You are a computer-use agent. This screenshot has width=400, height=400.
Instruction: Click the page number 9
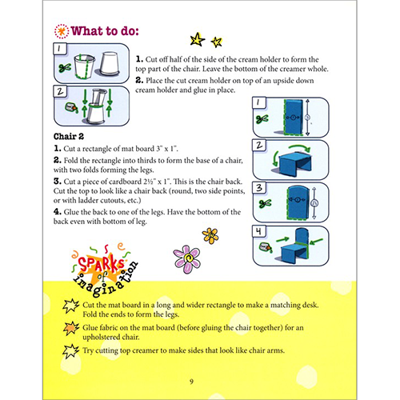[191, 382]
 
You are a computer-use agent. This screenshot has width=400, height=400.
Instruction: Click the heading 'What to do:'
[105, 31]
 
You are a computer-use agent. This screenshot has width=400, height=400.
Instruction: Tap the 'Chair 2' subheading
[69, 137]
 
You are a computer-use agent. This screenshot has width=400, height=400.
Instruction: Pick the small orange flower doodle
[210, 236]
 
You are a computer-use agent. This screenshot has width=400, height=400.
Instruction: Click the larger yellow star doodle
[198, 39]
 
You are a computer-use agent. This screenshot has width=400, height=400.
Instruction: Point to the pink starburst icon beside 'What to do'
[62, 31]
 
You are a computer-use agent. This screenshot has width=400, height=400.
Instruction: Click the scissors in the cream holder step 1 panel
[65, 68]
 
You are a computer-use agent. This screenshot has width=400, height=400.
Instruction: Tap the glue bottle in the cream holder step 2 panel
[71, 107]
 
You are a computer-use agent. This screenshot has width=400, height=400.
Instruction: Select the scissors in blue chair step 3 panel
[265, 204]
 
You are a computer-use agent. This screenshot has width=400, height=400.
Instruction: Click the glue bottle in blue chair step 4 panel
[266, 247]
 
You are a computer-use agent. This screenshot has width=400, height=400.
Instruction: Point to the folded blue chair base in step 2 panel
[295, 165]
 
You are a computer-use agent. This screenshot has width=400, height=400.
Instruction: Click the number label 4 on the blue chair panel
[258, 231]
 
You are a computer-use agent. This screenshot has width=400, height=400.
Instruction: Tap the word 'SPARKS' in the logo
[101, 264]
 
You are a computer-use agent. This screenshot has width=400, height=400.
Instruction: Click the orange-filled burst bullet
[71, 328]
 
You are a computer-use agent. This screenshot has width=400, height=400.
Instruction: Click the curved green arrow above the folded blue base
[300, 148]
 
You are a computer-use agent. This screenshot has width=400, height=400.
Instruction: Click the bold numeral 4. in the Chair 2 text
[58, 212]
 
